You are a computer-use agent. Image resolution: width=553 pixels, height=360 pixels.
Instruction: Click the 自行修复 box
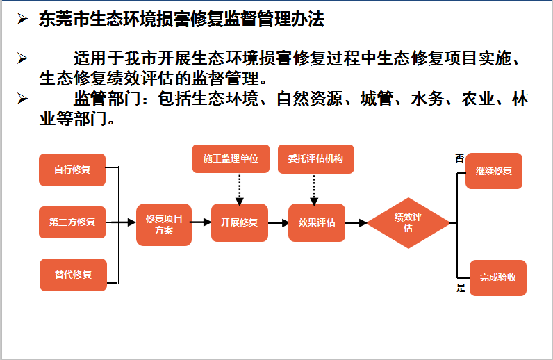(x=72, y=170)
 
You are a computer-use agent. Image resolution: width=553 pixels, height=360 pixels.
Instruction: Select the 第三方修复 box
(x=72, y=222)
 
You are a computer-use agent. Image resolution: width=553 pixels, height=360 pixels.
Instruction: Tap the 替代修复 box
(x=72, y=274)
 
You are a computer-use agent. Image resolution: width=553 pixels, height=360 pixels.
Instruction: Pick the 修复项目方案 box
(x=164, y=224)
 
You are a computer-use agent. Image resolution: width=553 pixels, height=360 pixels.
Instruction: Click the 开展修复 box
(x=239, y=222)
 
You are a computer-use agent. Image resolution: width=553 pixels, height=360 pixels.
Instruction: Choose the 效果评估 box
(x=317, y=222)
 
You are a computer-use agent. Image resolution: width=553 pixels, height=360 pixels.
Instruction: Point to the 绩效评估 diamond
(x=408, y=222)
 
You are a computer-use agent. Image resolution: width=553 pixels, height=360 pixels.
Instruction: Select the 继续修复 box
(x=493, y=170)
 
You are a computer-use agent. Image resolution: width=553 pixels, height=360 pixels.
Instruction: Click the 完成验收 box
(x=497, y=277)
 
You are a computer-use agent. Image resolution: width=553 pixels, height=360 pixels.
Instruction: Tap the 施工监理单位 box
(x=231, y=158)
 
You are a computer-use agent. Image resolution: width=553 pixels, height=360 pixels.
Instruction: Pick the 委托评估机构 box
(x=315, y=158)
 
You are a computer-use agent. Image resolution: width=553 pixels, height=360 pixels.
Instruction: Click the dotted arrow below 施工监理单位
(x=240, y=188)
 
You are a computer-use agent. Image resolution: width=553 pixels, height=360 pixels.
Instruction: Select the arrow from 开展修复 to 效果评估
(x=278, y=223)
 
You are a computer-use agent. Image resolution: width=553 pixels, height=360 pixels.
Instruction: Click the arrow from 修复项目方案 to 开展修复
(x=201, y=223)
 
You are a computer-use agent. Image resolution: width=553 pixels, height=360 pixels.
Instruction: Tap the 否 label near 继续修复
(x=459, y=158)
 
